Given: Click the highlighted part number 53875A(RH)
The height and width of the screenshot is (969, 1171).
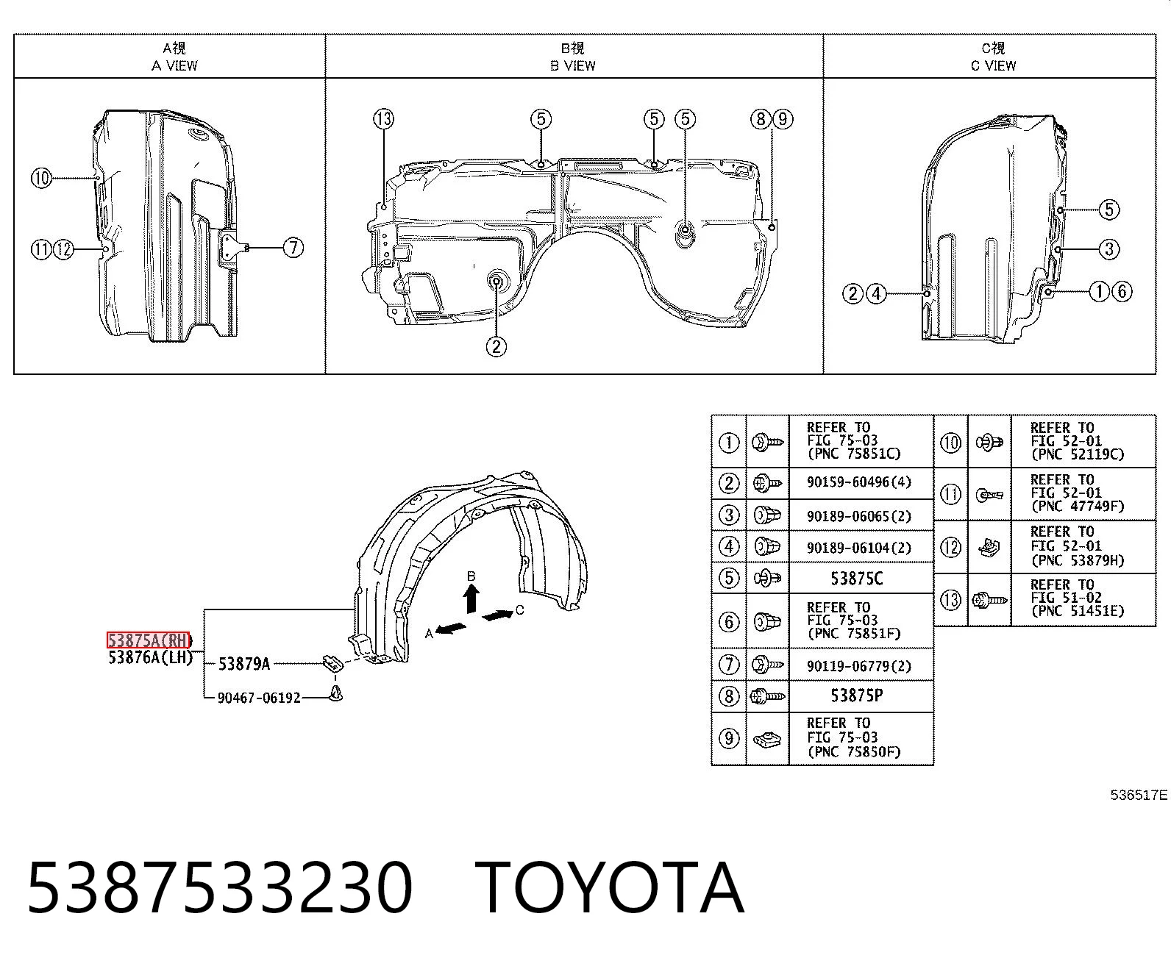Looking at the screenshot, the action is click(x=149, y=640).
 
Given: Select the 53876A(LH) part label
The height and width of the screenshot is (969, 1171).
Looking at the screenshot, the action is click(x=150, y=657).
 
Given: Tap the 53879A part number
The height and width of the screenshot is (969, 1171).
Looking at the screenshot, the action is click(x=244, y=664).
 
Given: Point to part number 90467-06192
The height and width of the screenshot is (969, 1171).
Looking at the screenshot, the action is click(x=259, y=698).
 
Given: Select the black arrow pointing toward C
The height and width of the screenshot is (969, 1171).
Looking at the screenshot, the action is click(x=497, y=615).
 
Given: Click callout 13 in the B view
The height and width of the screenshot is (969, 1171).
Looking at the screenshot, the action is click(x=384, y=119).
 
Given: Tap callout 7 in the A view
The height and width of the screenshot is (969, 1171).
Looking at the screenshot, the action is click(x=293, y=247).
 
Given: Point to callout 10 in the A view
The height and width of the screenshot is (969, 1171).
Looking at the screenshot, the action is click(x=41, y=179).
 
